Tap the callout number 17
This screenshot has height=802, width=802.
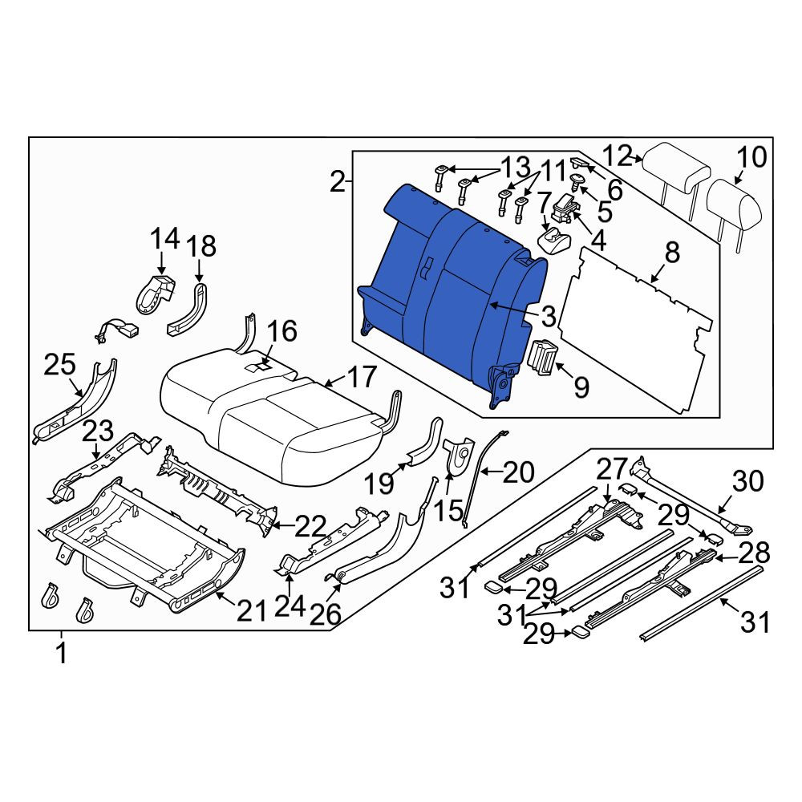pyautogui.click(x=362, y=378)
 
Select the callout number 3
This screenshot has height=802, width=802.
pyautogui.click(x=548, y=317)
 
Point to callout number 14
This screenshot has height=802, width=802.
pyautogui.click(x=165, y=239)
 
